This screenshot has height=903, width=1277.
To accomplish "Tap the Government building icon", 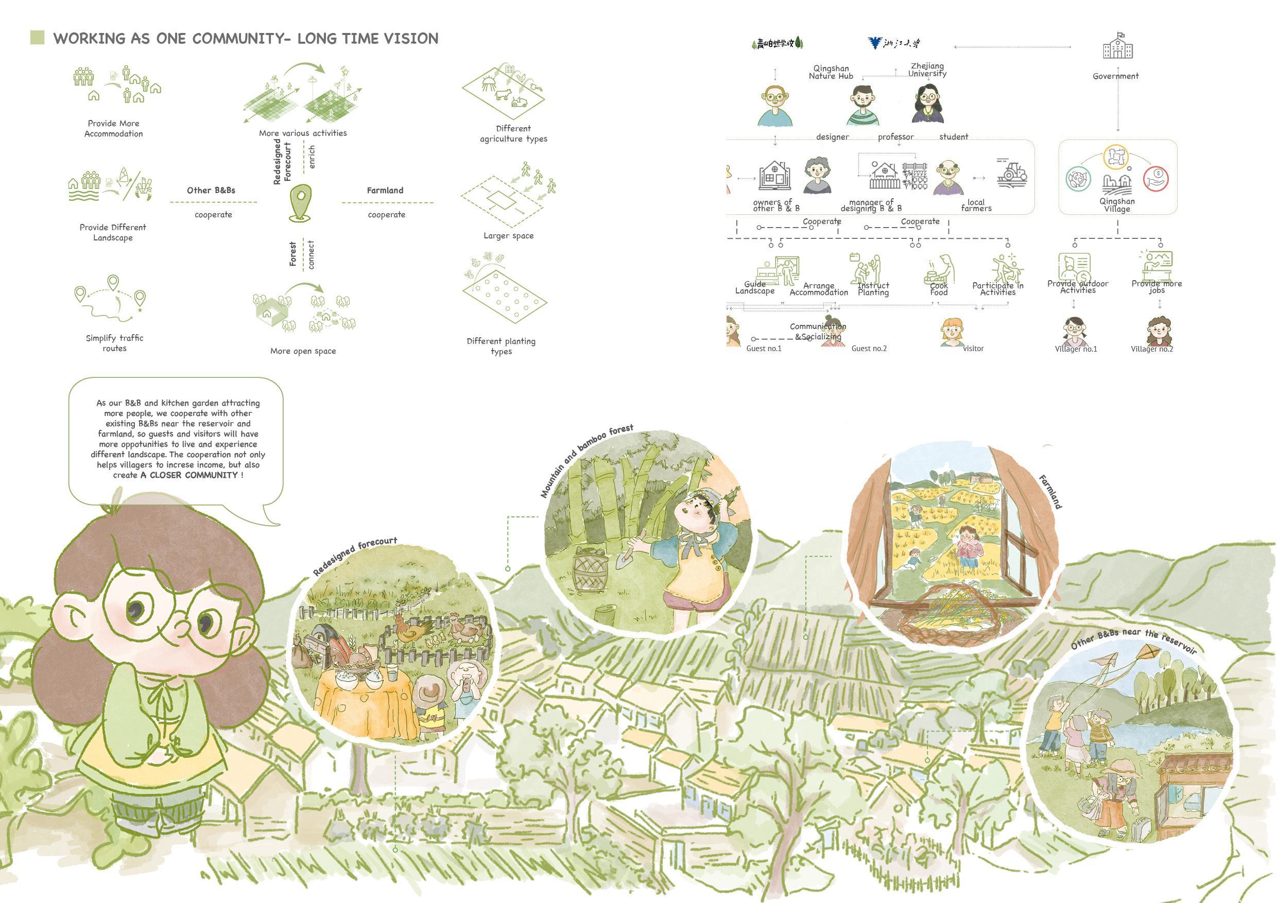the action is pos(1118,46).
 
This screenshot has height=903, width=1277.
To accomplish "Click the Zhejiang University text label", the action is pos(927,70).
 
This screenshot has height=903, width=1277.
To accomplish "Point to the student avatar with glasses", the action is pos(927,103).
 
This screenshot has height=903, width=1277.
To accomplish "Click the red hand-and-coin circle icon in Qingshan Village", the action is pos(1156,179).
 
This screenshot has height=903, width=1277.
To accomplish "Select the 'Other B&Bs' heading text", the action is pos(211,190).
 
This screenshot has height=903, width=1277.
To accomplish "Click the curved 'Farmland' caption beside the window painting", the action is pos(1050,492).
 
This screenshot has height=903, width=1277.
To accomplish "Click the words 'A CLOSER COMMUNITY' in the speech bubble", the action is pos(189,475).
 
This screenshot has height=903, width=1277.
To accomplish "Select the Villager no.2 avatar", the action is pos(1159,332).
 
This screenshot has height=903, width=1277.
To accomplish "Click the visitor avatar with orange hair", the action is pos(952,332).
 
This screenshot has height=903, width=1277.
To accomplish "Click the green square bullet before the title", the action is pos(37,38).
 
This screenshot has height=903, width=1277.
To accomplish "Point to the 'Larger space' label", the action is pos(508,236).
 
